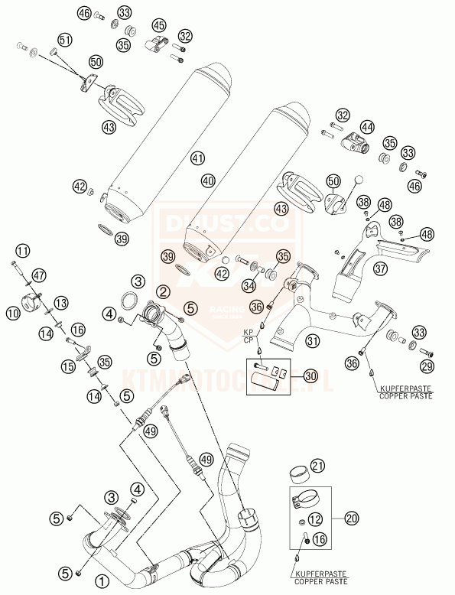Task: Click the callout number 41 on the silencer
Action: [199, 159]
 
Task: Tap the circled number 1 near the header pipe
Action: [100, 580]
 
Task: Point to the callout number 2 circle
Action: [163, 291]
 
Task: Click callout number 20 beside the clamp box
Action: [351, 519]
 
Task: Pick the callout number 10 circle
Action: [23, 251]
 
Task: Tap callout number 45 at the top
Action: [159, 27]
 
